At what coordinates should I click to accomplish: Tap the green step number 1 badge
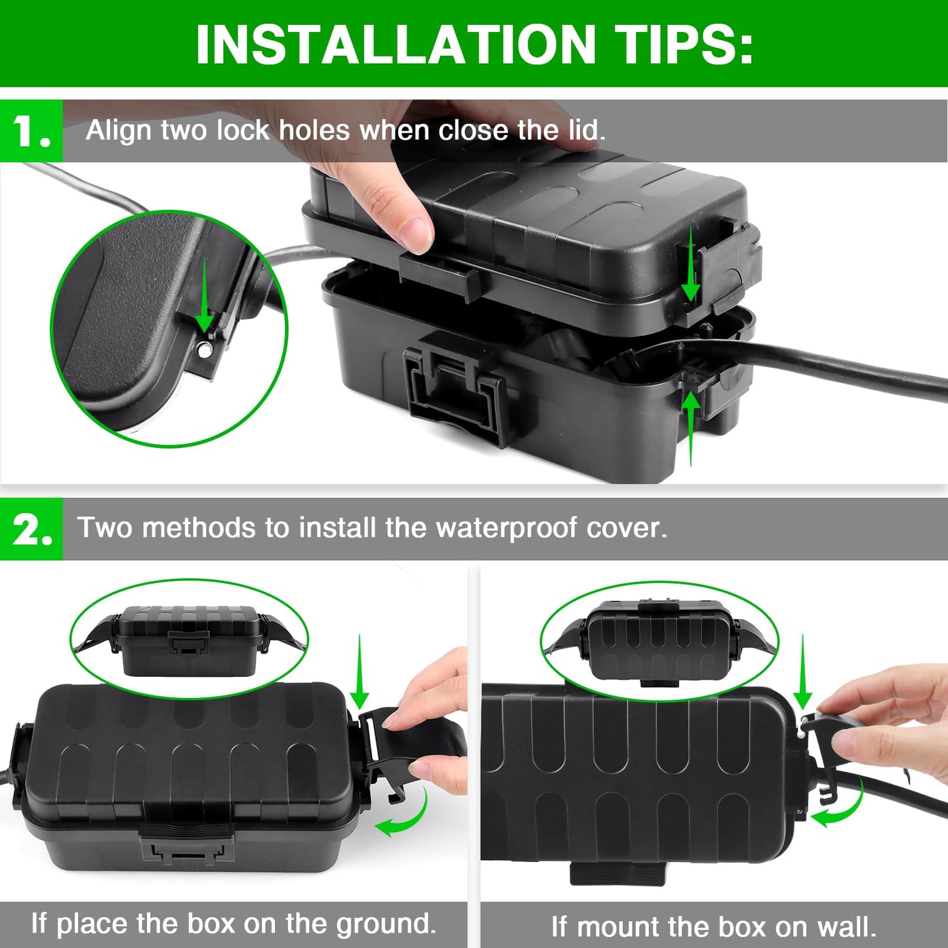(31, 131)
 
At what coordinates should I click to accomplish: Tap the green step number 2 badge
(31, 529)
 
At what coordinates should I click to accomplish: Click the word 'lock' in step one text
(242, 130)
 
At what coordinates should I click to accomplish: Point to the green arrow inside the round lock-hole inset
(204, 295)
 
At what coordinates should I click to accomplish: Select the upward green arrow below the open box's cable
(690, 426)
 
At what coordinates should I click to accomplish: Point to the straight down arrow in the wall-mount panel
(802, 672)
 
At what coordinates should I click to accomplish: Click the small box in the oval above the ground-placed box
(189, 640)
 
